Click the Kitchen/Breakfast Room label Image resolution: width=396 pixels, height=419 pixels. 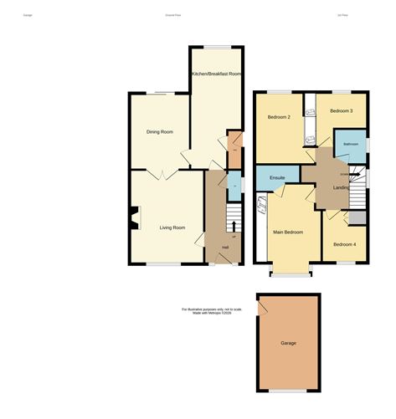[216, 74]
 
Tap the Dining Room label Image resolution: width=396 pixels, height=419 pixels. [159, 131]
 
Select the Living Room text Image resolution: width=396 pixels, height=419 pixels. [172, 227]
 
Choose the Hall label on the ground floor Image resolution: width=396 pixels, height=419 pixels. [225, 246]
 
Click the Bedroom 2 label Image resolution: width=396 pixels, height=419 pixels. [279, 117]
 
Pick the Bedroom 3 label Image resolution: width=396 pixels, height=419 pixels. [341, 110]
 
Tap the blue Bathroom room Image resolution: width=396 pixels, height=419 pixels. [350, 143]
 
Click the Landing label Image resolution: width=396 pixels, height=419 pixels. [342, 187]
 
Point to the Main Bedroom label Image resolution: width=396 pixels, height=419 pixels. [287, 231]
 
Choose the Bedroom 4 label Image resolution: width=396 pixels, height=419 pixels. [344, 243]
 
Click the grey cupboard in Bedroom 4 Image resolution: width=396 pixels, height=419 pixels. [357, 218]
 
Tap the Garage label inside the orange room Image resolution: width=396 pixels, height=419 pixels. [288, 343]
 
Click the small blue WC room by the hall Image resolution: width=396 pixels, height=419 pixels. [234, 184]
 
